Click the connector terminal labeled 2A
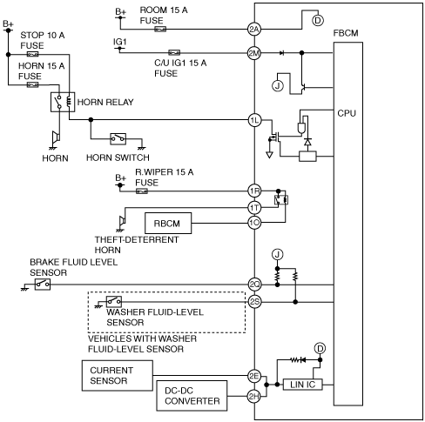[254, 29]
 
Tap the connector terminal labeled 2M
[254, 53]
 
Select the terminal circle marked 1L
[254, 120]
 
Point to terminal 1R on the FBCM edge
[254, 191]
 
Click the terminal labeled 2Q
[254, 285]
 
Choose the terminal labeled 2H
[254, 396]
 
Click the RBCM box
[168, 223]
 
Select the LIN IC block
[302, 385]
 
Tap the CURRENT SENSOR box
[118, 376]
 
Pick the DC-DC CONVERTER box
[192, 396]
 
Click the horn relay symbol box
[63, 102]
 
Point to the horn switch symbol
[118, 139]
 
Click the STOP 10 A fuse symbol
[32, 54]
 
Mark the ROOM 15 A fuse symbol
[160, 29]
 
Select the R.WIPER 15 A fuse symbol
[142, 191]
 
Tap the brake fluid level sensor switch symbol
[43, 285]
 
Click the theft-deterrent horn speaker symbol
[122, 221]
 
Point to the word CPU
[347, 113]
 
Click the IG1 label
[120, 43]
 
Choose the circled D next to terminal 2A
[318, 20]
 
